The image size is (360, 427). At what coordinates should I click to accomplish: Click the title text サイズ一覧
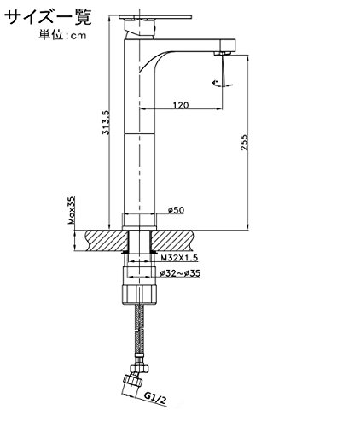49,17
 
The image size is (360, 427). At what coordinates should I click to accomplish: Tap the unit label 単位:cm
62,35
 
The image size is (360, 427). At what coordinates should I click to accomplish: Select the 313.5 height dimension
106,122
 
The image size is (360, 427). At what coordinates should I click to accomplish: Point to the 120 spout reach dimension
181,105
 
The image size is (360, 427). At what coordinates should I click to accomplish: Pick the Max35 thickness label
72,210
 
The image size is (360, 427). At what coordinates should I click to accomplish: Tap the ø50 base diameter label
177,210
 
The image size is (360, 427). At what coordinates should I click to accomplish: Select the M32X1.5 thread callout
179,258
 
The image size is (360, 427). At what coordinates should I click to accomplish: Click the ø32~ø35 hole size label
180,273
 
